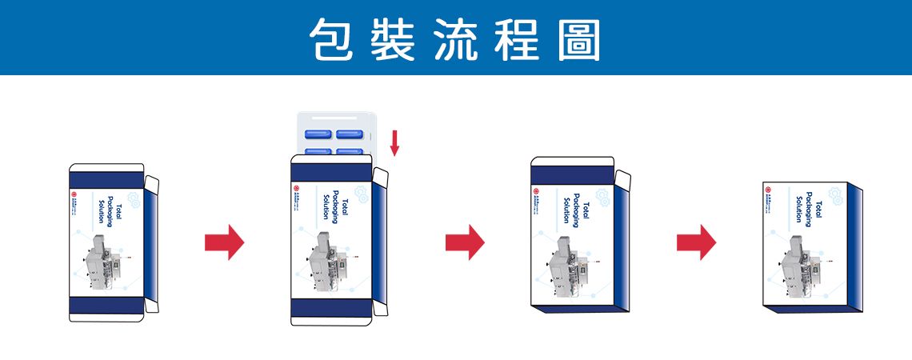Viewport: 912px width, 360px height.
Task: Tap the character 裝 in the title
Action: click(393, 38)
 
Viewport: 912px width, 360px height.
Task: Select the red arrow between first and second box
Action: click(224, 242)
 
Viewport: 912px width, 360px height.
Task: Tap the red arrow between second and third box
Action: click(465, 242)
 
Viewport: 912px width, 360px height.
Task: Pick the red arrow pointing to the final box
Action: click(696, 242)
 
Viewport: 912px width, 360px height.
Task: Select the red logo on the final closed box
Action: click(768, 190)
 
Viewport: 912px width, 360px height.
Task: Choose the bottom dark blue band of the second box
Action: click(331, 309)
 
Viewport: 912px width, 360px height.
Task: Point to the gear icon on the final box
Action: click(836, 195)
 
